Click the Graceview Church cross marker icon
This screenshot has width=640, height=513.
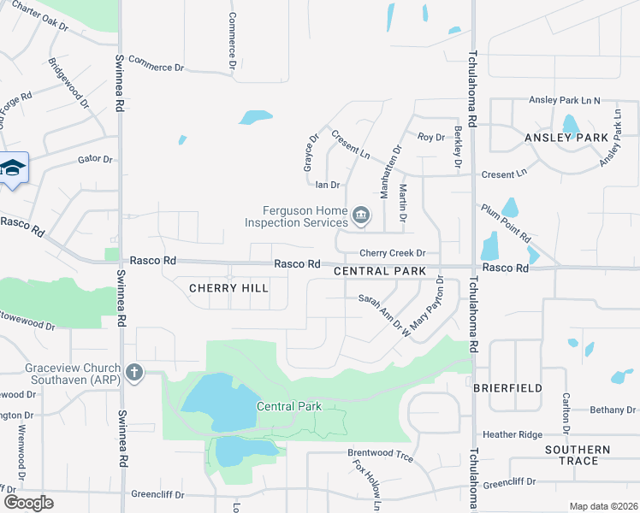tap(133, 372)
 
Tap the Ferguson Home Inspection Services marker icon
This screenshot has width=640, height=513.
tap(361, 215)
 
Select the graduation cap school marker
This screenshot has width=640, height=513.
tap(13, 168)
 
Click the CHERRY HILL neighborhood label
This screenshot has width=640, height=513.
tap(228, 288)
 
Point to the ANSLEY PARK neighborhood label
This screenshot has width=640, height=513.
tap(566, 137)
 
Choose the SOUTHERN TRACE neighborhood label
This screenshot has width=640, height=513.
tap(578, 455)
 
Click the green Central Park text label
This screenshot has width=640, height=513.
tap(289, 406)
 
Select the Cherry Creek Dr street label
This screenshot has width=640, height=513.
tap(392, 253)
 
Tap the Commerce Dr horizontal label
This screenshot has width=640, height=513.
tap(156, 67)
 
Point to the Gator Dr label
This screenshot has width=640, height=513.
tap(95, 159)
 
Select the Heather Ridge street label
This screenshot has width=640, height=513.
tap(513, 434)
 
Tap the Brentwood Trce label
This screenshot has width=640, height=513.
tap(380, 458)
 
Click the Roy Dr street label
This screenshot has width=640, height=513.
tap(431, 137)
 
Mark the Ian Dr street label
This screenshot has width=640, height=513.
tap(328, 185)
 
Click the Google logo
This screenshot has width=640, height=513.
tap(28, 502)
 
